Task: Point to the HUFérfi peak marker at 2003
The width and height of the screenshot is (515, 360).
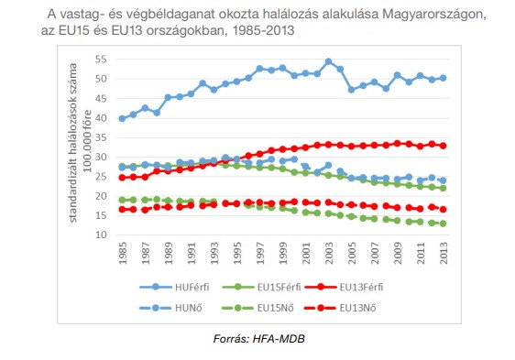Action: coord(328,61)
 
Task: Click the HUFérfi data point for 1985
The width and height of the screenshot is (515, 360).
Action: coord(123,118)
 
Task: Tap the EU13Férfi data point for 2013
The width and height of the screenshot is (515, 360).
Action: coord(444,146)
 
